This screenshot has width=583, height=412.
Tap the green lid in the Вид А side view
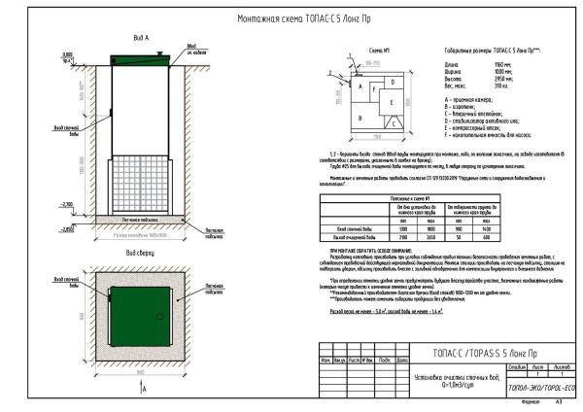(140, 60)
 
